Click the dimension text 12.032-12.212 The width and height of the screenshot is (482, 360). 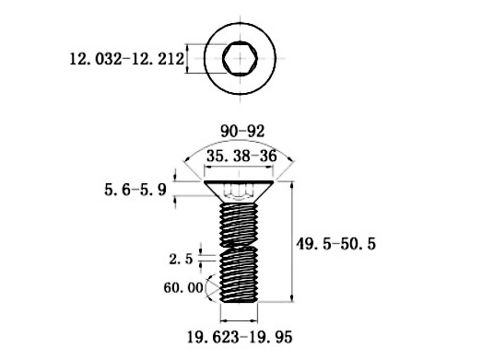[x=125, y=60]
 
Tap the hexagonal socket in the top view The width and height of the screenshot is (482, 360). [x=241, y=60]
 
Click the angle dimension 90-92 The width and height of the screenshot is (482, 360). [x=241, y=133]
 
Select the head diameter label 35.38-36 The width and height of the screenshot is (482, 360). [x=241, y=157]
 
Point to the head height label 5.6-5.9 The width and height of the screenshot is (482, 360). [x=135, y=192]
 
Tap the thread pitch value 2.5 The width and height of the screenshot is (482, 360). [x=182, y=260]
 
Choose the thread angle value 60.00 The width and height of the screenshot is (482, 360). [x=182, y=287]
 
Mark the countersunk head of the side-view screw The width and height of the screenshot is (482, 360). [x=241, y=191]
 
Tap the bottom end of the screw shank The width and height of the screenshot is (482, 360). [x=241, y=303]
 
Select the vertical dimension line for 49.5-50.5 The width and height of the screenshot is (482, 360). [x=293, y=243]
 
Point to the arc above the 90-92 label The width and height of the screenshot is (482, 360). [x=241, y=143]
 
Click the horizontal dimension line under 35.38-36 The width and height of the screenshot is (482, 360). [x=241, y=168]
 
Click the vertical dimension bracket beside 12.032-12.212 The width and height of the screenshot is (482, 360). [x=188, y=60]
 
